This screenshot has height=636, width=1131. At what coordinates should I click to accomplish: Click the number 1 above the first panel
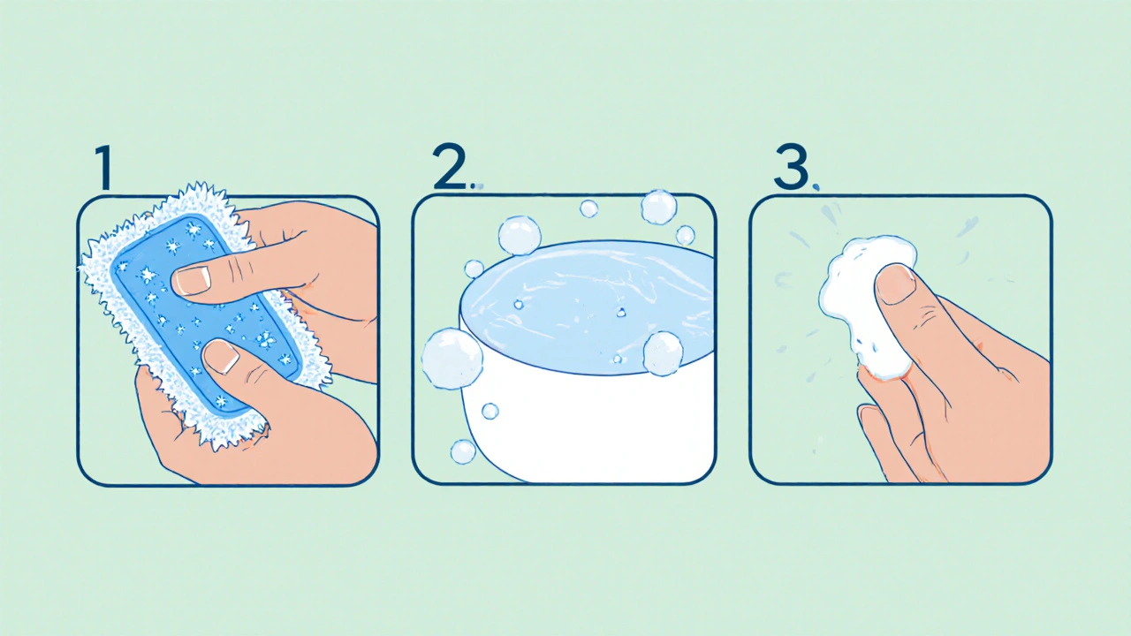pyautogui.click(x=103, y=168)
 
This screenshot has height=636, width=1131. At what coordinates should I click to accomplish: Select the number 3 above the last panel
pyautogui.click(x=791, y=168)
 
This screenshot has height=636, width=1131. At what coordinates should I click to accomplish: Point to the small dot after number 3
pyautogui.click(x=816, y=187)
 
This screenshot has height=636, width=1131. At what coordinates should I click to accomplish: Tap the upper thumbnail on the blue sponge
pyautogui.click(x=192, y=281)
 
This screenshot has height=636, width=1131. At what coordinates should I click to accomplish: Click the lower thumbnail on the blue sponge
pyautogui.click(x=221, y=357)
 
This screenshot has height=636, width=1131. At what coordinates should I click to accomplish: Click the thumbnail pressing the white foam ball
pyautogui.click(x=895, y=285)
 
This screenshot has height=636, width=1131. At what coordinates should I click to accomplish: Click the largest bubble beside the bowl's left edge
pyautogui.click(x=452, y=359)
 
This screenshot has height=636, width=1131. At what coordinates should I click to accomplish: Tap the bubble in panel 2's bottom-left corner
pyautogui.click(x=463, y=451)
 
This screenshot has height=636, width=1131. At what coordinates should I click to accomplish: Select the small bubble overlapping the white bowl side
pyautogui.click(x=490, y=412)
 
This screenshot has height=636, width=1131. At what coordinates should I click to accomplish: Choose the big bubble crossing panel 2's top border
pyautogui.click(x=659, y=207)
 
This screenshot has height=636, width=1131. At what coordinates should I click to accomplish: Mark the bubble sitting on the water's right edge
pyautogui.click(x=663, y=353)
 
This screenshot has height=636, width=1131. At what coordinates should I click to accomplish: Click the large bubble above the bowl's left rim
pyautogui.click(x=520, y=236)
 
